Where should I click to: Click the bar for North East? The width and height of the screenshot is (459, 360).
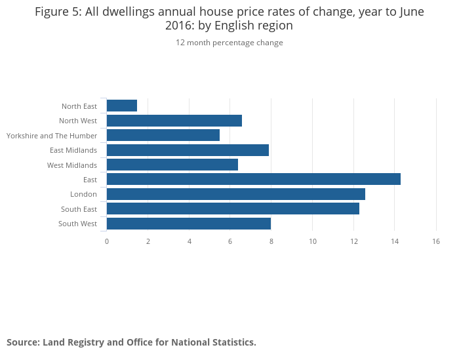[x=122, y=106]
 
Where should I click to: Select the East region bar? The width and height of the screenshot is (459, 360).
[x=253, y=180]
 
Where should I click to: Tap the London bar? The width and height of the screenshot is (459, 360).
[x=235, y=194]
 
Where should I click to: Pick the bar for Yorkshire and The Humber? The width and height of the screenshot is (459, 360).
[x=163, y=135]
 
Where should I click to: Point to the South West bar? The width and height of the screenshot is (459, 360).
[x=188, y=224]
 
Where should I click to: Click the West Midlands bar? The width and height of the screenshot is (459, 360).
[x=172, y=165]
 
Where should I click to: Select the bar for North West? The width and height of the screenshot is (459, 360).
[x=174, y=121]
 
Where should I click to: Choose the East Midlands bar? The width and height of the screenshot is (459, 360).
[x=188, y=150]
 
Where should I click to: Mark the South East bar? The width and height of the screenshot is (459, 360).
[x=233, y=209]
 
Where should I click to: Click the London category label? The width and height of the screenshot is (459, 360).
[x=83, y=194]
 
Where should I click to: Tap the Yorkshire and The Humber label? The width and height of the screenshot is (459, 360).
[x=52, y=136]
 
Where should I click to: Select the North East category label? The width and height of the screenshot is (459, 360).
[x=79, y=106]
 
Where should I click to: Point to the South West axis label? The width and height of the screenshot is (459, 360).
[x=77, y=224]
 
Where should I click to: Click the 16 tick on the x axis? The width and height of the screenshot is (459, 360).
[x=436, y=241]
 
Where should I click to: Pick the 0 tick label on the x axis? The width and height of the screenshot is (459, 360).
[x=107, y=241]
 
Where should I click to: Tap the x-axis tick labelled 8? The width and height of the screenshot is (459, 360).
[x=271, y=241]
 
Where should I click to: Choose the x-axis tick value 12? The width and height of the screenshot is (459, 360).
[x=353, y=241]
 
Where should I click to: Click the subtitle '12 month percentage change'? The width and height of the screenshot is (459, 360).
[x=229, y=43]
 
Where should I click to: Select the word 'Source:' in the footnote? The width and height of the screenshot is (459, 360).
[x=23, y=342]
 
